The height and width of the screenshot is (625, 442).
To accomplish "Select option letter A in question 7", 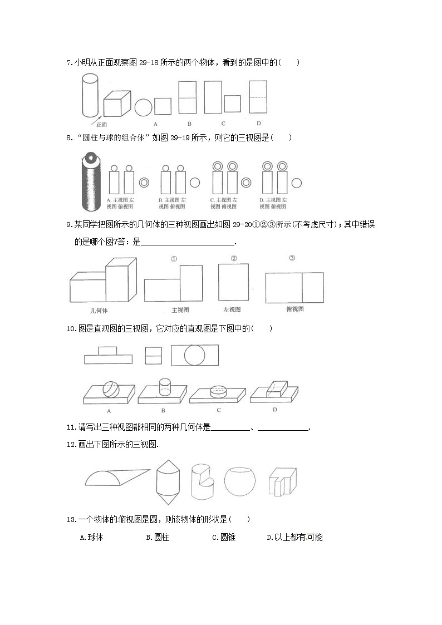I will click(155, 124).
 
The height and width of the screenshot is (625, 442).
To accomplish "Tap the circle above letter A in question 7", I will click(143, 107).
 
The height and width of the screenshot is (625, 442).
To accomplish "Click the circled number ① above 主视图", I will click(174, 258).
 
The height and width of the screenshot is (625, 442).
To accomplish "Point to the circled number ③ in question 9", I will click(292, 258).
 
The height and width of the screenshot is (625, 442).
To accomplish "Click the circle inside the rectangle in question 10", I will click(194, 355).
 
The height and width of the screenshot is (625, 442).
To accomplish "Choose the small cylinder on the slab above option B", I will click(164, 387).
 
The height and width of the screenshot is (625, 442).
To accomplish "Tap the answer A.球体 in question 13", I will click(92, 538).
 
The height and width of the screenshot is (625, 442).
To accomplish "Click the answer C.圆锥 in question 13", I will click(224, 538).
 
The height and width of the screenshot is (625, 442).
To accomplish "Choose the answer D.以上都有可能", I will click(294, 538).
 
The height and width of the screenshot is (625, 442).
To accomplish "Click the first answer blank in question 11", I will click(231, 429).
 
